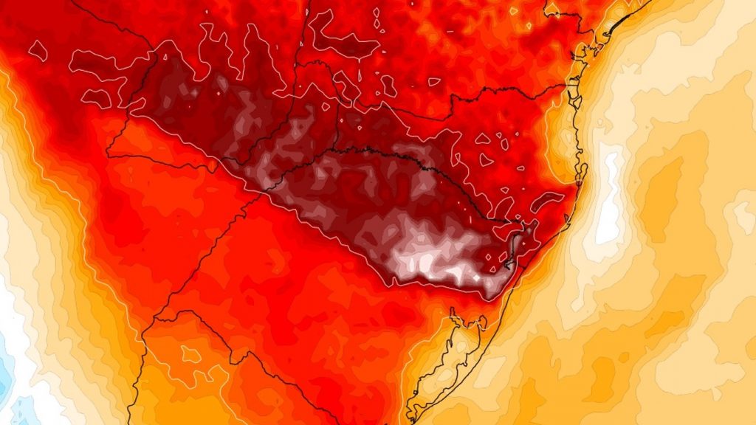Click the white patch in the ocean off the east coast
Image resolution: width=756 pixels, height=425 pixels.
[610, 196]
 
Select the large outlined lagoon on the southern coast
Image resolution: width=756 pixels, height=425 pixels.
[443, 362]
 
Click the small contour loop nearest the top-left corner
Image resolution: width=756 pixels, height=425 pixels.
[38, 50]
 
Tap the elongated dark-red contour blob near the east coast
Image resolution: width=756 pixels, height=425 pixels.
[548, 200]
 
